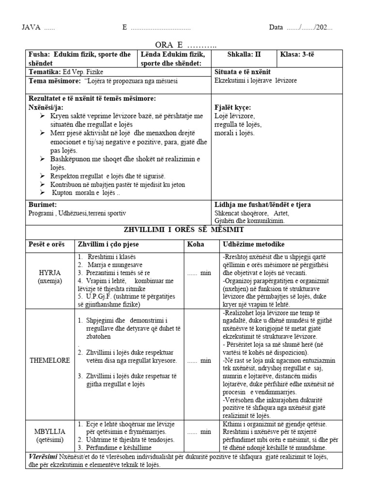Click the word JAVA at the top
coord(31,28)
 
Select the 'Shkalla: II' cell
coord(245,55)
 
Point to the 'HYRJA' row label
coord(51,273)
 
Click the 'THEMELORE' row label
coord(51,360)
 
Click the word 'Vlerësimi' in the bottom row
coord(43,457)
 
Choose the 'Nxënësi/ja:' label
coord(46,108)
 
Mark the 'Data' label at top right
coord(276,28)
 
